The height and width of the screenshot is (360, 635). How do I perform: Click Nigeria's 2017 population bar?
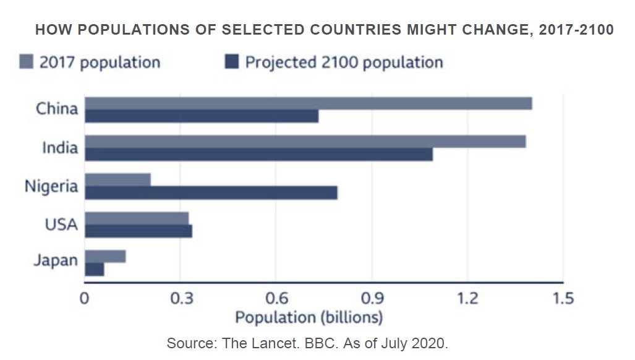[x=117, y=180]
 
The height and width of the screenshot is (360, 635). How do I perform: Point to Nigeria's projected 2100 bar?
[x=211, y=193]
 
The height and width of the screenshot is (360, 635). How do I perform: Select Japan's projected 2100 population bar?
[x=95, y=270]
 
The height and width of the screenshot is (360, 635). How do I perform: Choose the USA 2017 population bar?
[x=137, y=218]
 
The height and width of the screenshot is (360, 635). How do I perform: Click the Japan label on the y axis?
[x=56, y=260]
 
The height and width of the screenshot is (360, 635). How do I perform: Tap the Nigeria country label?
[x=51, y=186]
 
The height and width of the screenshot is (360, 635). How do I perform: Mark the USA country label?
[x=61, y=223]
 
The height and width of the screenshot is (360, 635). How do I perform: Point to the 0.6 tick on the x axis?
[x=276, y=299]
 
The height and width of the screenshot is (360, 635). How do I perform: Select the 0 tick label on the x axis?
[x=85, y=299]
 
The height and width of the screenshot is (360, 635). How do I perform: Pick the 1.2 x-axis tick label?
[x=467, y=299]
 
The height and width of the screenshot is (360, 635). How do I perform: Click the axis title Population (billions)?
[x=309, y=318]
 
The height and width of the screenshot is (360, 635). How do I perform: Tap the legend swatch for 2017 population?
[x=26, y=62]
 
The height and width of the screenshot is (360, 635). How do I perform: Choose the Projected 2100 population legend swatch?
[x=232, y=62]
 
